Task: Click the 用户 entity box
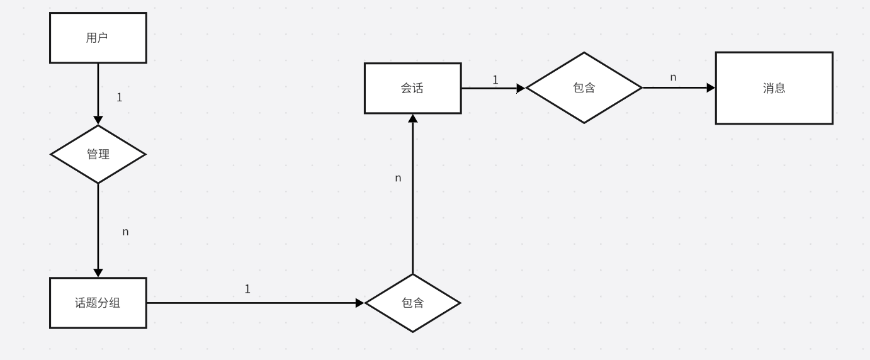tap(98, 38)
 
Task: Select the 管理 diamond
tap(98, 154)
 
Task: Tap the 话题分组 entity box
tap(98, 303)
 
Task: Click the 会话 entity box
tap(412, 88)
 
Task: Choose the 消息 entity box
tap(774, 88)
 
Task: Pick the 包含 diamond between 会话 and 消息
tap(584, 88)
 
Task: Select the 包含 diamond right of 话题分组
tap(412, 303)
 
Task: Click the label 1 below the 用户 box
tap(120, 98)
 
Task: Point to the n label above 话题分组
tap(125, 232)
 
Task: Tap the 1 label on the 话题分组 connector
tap(247, 289)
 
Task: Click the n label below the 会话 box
tap(398, 178)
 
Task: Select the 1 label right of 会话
tap(495, 80)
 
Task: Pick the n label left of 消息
tap(673, 77)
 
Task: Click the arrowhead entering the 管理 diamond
tap(98, 120)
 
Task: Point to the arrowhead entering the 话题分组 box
tap(98, 273)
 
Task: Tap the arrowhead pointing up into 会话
tap(412, 118)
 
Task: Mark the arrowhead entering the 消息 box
tap(711, 88)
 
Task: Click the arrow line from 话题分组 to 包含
tap(252, 303)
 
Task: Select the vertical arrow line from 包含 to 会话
tap(412, 201)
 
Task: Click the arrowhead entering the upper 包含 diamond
tap(521, 88)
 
